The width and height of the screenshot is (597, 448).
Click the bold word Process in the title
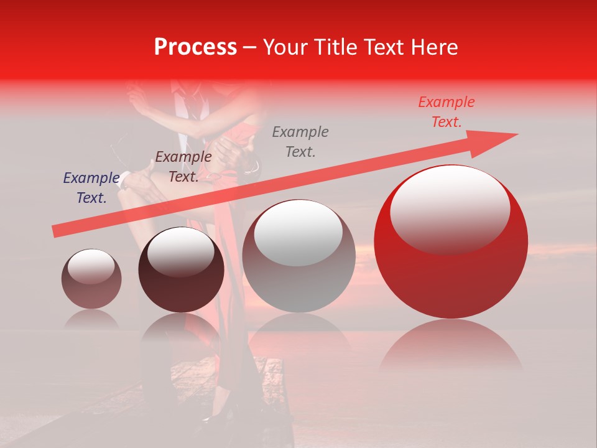(x=195, y=47)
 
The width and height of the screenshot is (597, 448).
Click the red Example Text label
(x=446, y=112)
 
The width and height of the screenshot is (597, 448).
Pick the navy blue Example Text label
(x=91, y=188)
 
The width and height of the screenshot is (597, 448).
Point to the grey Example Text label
(x=300, y=141)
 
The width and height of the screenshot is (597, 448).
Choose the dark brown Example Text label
(x=183, y=167)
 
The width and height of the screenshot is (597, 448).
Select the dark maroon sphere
(x=181, y=277)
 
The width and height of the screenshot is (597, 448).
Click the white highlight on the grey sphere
(x=298, y=231)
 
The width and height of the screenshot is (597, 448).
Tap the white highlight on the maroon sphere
(x=180, y=252)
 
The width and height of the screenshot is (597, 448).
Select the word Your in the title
(x=282, y=47)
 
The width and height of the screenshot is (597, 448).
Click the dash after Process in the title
(x=249, y=47)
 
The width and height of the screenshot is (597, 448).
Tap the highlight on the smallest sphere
(x=91, y=266)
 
